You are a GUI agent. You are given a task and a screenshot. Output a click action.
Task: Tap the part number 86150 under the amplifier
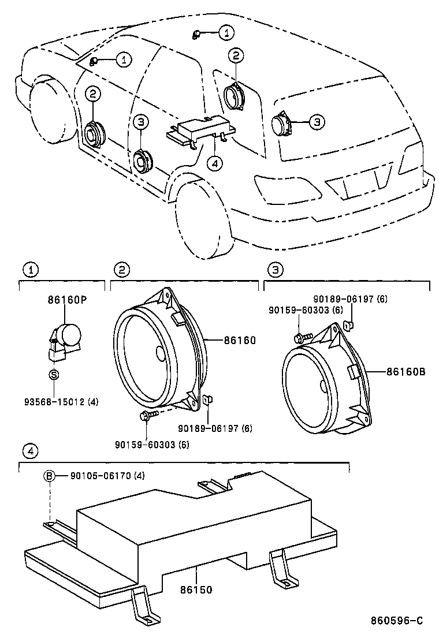(x=196, y=589)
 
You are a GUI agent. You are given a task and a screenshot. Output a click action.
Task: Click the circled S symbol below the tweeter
(x=54, y=374)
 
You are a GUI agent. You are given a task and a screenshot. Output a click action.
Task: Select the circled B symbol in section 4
(x=50, y=476)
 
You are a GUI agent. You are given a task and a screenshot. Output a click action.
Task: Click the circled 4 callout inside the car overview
(x=214, y=164)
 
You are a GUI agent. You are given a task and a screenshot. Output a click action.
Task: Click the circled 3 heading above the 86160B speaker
(x=276, y=268)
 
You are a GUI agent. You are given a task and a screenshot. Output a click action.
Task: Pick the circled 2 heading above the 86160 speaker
(x=121, y=268)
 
